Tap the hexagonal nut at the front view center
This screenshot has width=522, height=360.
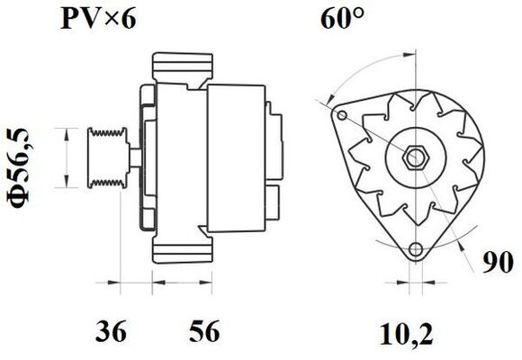pyautogui.click(x=416, y=157)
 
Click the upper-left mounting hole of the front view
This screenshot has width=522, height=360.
pyautogui.click(x=341, y=116)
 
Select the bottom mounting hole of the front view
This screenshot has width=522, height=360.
pyautogui.click(x=415, y=249)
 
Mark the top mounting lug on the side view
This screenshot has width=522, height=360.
pyautogui.click(x=184, y=67)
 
